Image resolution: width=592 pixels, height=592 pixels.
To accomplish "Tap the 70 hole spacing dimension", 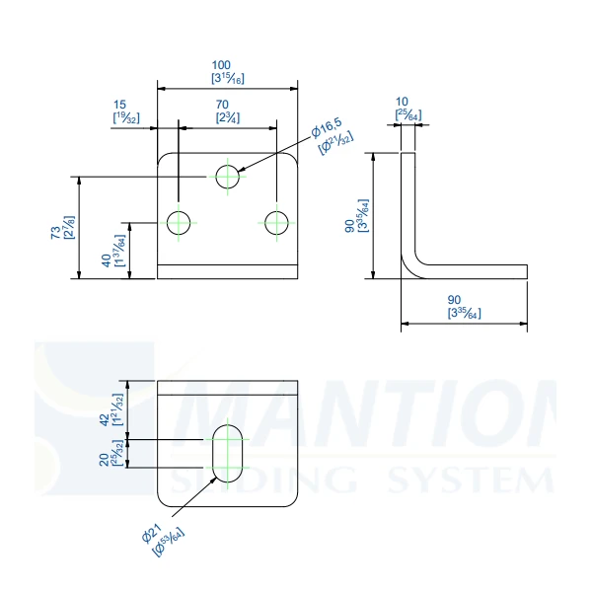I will (229, 104).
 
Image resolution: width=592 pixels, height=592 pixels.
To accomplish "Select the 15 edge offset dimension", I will (120, 104).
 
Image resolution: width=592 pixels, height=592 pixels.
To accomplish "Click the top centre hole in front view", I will (229, 177).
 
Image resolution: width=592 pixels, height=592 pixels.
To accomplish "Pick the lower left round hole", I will (179, 222).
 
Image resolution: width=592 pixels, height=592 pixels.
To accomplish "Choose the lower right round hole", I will (277, 222).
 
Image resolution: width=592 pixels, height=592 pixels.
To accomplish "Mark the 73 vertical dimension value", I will (55, 230).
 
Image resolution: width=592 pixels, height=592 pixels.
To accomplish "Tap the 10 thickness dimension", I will (402, 102).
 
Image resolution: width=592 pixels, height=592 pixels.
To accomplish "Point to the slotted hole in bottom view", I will (229, 454).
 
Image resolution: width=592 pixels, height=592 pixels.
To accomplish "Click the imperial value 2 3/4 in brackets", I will (229, 117).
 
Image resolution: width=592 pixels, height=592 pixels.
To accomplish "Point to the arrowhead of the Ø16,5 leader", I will (240, 172).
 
